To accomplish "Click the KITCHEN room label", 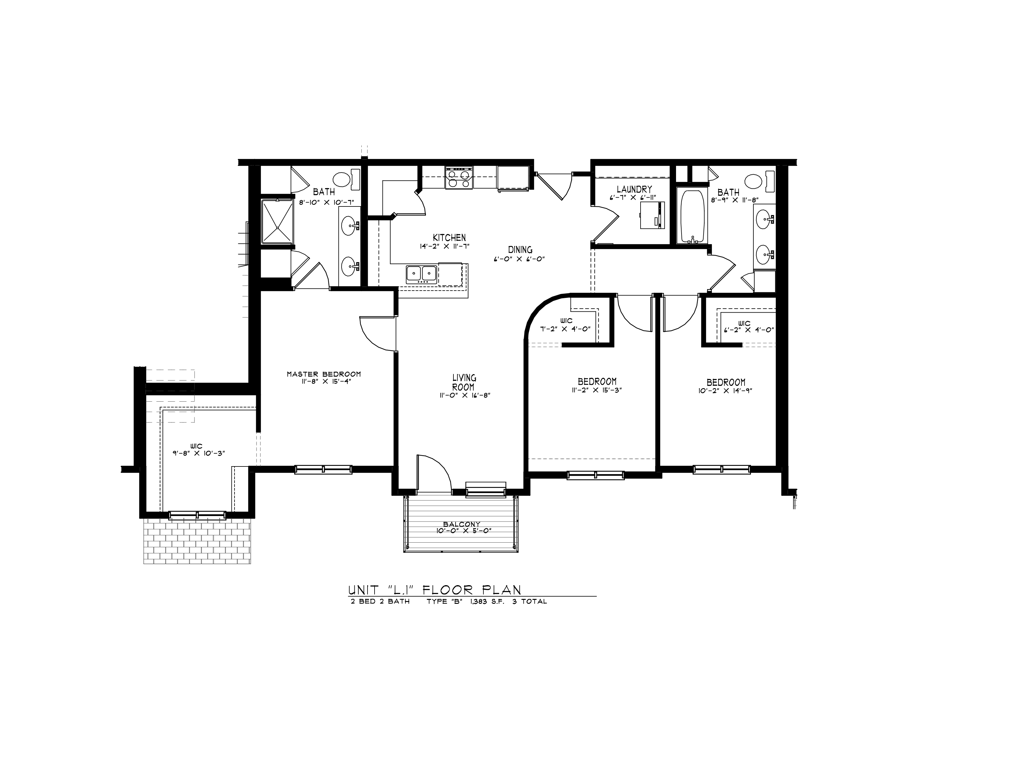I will pos(449,237).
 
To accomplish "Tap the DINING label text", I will pos(520,250).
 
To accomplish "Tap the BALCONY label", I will pos(461,524).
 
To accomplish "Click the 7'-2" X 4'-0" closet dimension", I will pos(565,329).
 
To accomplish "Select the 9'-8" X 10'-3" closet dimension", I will pos(199,453).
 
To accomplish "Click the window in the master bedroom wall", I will pos(323,470).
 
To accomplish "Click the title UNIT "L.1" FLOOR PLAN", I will pos(434,590).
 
